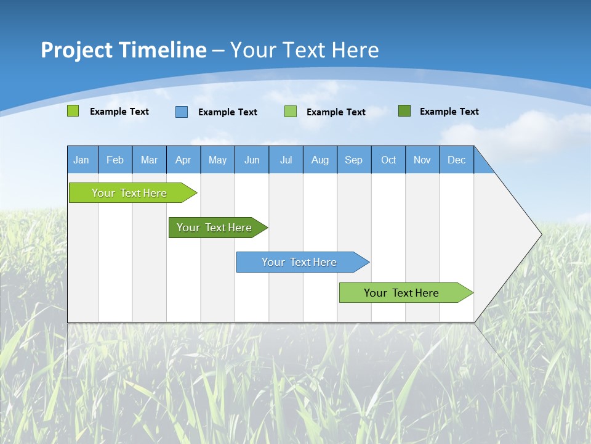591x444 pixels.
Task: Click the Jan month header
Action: point(81,160)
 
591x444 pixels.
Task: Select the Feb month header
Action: point(115,160)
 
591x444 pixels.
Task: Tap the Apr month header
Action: point(183,160)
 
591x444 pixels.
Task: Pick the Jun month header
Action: point(252,160)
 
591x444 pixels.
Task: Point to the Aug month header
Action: point(320,160)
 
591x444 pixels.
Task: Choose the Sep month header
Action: point(353,160)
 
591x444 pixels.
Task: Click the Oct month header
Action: point(388,160)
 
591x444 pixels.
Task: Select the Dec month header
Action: point(456,160)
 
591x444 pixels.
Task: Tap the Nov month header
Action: point(422,160)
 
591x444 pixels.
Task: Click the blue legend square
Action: point(182,112)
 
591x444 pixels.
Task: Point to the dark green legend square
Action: point(404,111)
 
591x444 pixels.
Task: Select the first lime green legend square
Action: point(73,111)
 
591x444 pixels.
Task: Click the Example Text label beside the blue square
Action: point(228,112)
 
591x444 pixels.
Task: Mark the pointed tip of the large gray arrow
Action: point(541,234)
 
